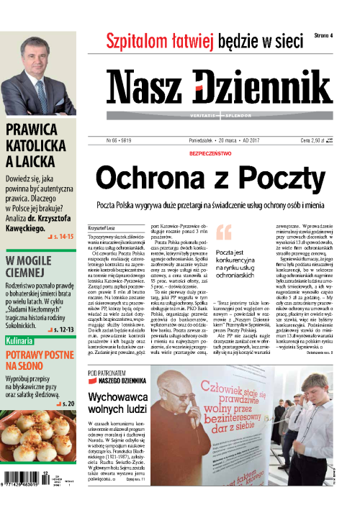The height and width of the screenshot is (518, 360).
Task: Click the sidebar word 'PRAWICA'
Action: click(x=34, y=130)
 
